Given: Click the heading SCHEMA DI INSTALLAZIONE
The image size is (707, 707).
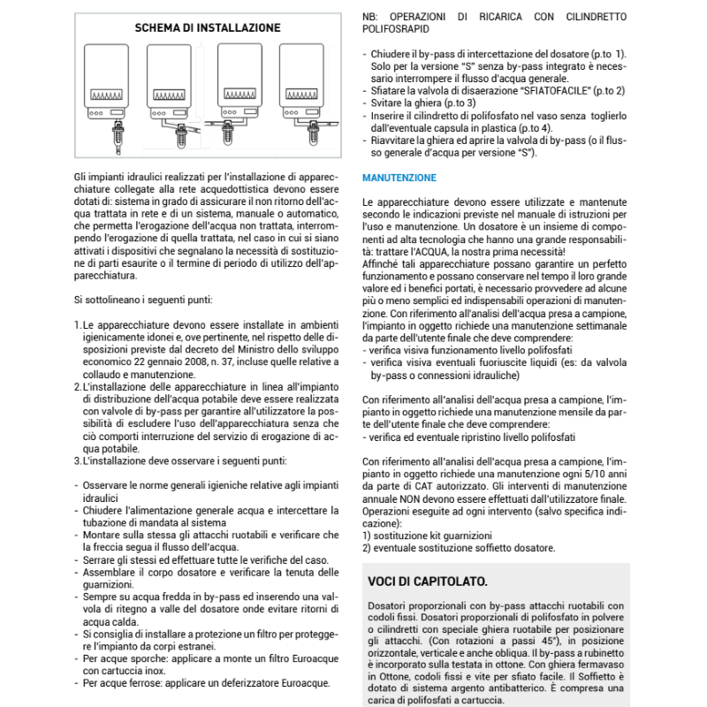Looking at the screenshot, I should (x=208, y=28).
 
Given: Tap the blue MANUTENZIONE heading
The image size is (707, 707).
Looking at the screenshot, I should (x=399, y=178).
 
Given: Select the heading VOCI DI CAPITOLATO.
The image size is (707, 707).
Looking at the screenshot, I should (x=427, y=581).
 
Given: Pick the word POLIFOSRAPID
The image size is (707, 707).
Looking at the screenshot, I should (x=398, y=29).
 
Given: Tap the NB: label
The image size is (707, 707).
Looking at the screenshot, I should (x=373, y=17).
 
